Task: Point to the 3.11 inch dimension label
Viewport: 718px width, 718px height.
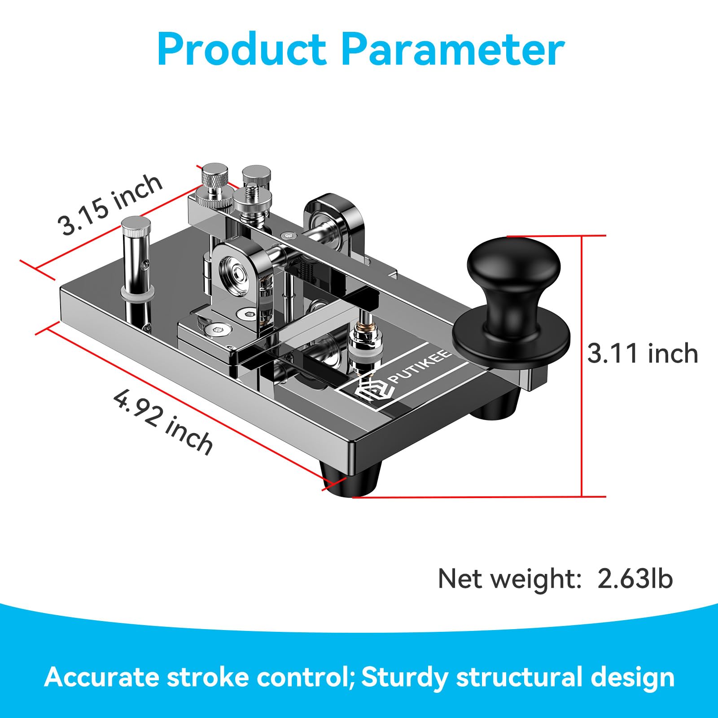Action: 643,354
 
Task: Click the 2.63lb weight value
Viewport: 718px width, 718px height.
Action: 635,578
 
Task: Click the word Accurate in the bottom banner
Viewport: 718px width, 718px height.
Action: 102,677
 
